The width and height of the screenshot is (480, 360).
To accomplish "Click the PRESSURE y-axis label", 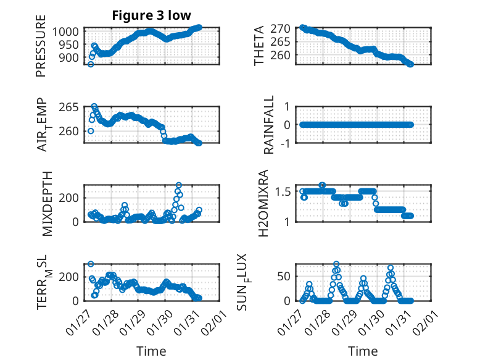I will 41,50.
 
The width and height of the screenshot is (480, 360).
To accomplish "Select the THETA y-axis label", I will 259,46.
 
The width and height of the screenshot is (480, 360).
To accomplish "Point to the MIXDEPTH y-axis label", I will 48,203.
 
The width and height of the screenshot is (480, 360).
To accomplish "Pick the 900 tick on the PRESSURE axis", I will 68,57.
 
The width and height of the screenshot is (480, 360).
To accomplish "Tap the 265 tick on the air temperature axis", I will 68,107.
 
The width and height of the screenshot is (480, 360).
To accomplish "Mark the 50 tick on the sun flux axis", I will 283,275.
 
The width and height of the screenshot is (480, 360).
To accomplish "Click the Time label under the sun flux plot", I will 363,351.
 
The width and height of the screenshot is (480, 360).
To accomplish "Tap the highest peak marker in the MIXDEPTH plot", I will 179,185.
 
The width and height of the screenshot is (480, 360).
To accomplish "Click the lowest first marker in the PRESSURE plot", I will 91,64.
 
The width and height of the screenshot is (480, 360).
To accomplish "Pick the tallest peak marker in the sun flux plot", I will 336,264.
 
